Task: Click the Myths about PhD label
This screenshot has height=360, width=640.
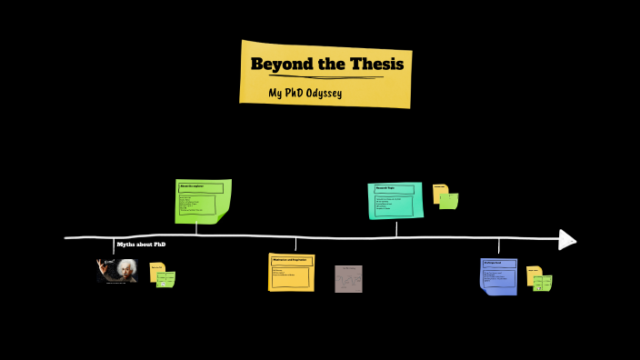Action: click(x=141, y=245)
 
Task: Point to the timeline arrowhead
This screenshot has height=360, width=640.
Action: click(x=567, y=239)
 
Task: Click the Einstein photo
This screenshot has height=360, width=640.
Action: click(x=118, y=270)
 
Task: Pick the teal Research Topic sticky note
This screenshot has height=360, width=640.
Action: click(x=395, y=200)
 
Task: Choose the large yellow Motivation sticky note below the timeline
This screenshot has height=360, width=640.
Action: click(x=291, y=272)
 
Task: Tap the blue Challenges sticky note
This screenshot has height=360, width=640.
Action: click(x=497, y=275)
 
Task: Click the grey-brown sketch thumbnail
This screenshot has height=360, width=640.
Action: click(x=348, y=278)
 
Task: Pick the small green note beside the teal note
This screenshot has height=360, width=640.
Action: click(x=449, y=201)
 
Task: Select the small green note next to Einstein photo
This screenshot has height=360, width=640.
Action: click(x=166, y=280)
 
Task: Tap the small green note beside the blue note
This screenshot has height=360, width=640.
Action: click(x=543, y=282)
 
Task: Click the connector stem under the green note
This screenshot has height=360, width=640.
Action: click(x=196, y=229)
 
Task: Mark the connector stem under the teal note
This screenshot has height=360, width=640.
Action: click(x=396, y=228)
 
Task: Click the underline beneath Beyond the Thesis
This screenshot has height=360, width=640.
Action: click(x=326, y=78)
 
